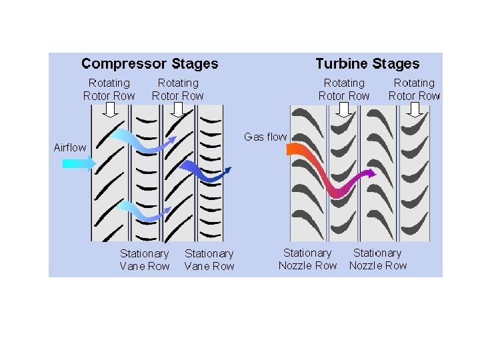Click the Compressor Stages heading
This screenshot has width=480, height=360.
[x=149, y=64]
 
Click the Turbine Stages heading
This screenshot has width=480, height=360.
[x=367, y=64]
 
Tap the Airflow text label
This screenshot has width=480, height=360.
[x=70, y=147]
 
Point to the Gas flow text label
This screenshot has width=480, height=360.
[x=265, y=137]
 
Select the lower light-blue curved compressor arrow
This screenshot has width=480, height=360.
[x=141, y=213]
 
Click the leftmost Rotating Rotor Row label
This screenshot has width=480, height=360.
[x=109, y=89]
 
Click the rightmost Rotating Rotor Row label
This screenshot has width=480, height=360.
[x=414, y=89]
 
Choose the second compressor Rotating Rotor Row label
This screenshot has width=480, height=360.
[x=178, y=89]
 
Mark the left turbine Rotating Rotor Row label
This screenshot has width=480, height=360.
[x=344, y=89]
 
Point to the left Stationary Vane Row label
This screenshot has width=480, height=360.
[x=145, y=259]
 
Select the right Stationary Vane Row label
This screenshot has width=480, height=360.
[x=209, y=259]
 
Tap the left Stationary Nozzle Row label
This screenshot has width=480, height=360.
[x=307, y=259]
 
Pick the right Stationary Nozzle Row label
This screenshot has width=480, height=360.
[x=377, y=259]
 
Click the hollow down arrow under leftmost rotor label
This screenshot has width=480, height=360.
[x=111, y=109]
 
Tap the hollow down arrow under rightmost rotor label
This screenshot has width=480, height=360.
[x=415, y=109]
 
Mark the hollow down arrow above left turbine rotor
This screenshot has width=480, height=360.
[x=344, y=109]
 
